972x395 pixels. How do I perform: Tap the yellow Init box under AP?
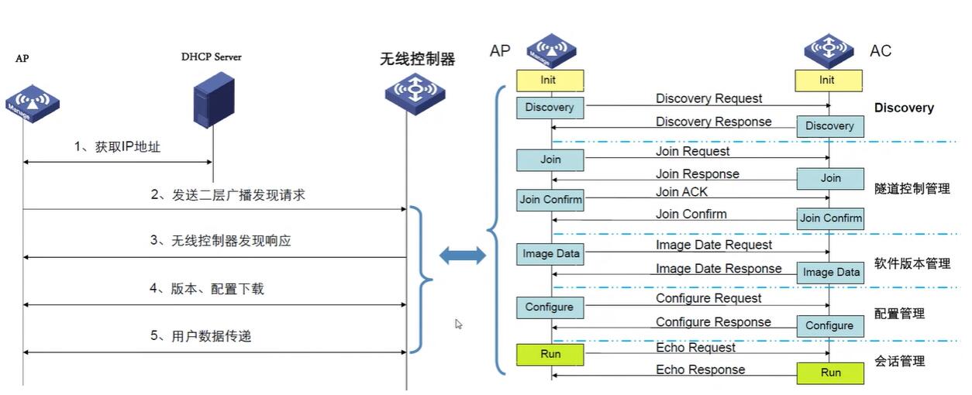[548, 80]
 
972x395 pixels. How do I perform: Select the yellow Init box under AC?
[827, 80]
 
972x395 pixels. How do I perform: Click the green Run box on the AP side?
[550, 355]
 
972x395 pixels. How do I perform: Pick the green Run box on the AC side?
[830, 373]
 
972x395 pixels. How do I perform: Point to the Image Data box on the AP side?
[550, 253]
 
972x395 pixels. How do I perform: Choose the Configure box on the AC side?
[829, 325]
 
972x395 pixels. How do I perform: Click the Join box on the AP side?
[550, 160]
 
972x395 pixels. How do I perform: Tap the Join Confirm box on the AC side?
[830, 218]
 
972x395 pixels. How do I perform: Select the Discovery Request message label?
[708, 98]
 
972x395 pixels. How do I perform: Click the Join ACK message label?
[681, 191]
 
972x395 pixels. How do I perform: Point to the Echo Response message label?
[700, 369]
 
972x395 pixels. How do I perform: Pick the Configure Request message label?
[708, 298]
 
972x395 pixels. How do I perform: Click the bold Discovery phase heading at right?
[904, 108]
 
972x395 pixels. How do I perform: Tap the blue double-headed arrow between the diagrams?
[463, 256]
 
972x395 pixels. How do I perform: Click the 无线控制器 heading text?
[417, 59]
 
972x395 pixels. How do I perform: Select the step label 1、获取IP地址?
[118, 146]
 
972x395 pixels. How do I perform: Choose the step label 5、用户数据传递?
[201, 336]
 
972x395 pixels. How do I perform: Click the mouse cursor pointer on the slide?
[459, 324]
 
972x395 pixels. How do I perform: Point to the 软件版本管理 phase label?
[912, 263]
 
